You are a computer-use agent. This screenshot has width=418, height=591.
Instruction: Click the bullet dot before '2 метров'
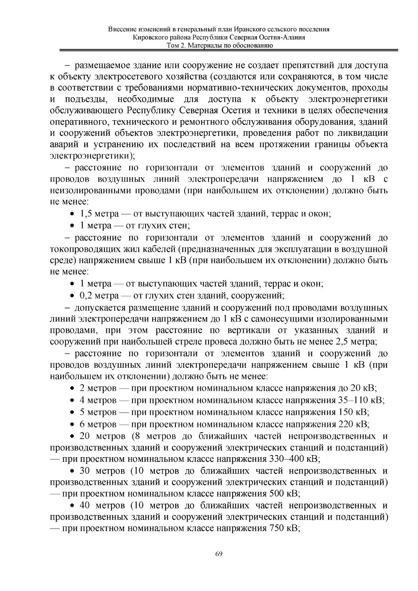coord(72,389)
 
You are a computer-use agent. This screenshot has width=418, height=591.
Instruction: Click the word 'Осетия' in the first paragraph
coord(234,111)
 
